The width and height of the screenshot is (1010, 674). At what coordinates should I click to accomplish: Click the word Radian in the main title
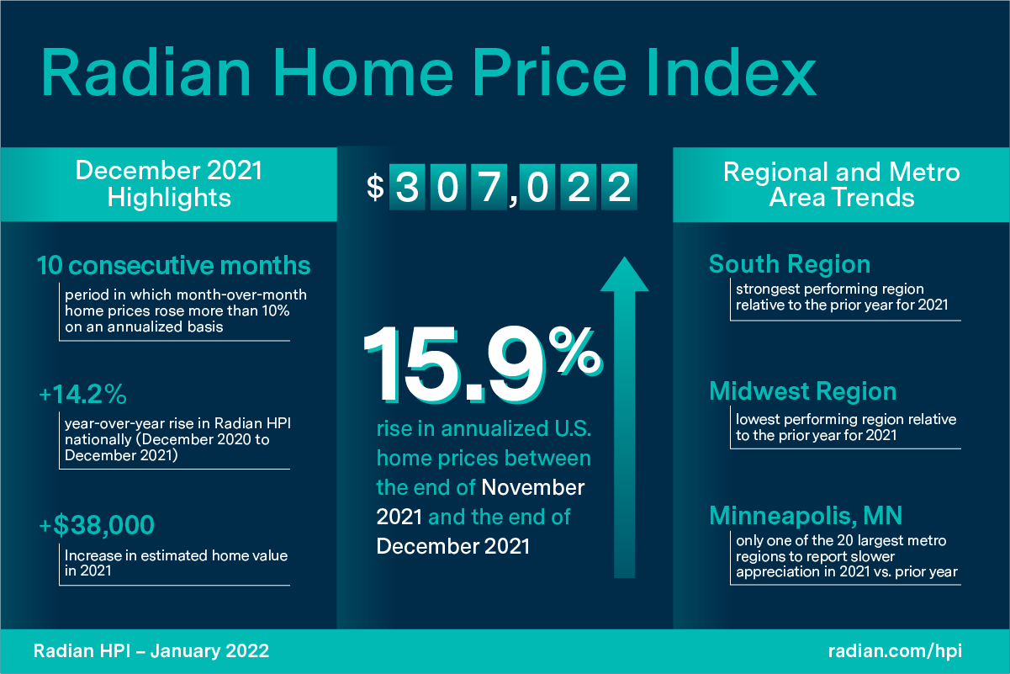point(145,72)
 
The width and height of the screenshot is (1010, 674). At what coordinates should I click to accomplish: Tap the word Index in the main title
point(731,72)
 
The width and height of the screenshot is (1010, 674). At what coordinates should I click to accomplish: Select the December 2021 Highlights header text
point(169,184)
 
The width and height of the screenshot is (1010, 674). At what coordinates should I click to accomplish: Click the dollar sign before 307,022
point(375,187)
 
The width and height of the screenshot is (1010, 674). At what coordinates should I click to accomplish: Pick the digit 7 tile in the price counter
point(489,187)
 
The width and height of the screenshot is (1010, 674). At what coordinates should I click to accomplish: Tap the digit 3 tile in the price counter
point(407,187)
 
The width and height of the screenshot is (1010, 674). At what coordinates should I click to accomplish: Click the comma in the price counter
point(513,200)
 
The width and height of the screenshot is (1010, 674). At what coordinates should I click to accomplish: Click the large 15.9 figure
point(454,364)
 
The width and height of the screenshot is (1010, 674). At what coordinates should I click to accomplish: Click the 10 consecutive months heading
point(173,265)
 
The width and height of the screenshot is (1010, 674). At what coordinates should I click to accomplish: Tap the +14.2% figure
point(83,395)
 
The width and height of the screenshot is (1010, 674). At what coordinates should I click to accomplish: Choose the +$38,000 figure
point(97,525)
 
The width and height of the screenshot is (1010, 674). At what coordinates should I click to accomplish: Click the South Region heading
point(790,264)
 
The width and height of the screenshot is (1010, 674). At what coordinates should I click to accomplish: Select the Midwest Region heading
point(802,391)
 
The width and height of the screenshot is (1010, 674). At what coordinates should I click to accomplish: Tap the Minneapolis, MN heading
point(806,516)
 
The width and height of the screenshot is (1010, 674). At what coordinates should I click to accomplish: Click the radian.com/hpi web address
point(895,651)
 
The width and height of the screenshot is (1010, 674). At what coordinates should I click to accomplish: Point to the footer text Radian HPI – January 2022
point(151,651)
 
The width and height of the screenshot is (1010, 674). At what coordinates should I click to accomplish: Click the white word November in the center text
point(533,488)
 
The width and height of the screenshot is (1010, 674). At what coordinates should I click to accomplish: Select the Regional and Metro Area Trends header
point(841,184)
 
